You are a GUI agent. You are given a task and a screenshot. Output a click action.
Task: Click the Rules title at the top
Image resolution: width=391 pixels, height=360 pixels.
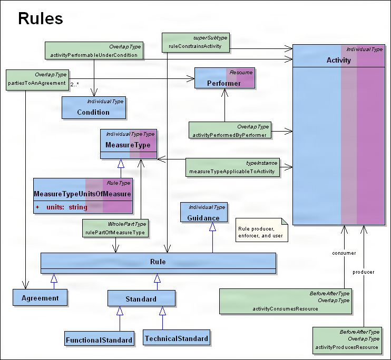(x=41, y=18)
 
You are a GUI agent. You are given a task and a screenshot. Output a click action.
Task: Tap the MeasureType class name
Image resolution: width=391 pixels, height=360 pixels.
(x=128, y=145)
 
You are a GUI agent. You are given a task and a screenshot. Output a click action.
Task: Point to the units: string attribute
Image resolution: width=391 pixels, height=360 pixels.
(x=66, y=207)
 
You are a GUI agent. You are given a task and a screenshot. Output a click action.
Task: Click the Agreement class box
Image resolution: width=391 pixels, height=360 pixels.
(x=40, y=298)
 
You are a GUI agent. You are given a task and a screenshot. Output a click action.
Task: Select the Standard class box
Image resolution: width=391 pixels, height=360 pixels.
(x=141, y=299)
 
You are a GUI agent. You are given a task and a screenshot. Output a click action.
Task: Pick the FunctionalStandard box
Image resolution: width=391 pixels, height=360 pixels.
(x=99, y=340)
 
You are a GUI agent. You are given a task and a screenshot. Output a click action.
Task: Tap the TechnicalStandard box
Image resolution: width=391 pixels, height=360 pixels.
(x=177, y=338)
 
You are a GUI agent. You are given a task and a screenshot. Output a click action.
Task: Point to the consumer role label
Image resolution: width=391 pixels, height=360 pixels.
(x=344, y=253)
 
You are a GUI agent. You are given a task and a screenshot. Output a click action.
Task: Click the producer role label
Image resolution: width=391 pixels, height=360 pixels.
(x=364, y=272)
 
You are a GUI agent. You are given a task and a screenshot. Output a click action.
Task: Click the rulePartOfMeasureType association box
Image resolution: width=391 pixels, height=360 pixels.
(x=115, y=228)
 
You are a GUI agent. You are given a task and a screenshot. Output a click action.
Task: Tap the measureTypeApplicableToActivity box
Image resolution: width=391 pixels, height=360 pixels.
(x=232, y=167)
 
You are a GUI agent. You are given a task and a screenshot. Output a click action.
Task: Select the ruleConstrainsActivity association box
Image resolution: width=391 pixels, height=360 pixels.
(x=195, y=42)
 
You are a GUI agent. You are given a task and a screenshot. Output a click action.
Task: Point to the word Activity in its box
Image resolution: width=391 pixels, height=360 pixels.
(x=338, y=60)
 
